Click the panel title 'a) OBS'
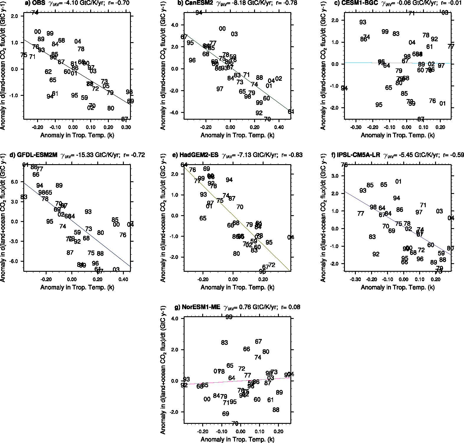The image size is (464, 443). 35,3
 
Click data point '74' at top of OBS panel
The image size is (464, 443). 35,13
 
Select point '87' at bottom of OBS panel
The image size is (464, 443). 125,119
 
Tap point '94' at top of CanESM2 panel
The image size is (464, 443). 199,13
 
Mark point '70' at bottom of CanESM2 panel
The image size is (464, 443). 267,119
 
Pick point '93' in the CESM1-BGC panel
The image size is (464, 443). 363,22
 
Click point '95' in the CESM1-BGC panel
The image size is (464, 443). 379,105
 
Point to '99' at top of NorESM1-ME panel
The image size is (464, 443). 229,317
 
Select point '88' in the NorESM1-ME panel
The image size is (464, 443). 276,410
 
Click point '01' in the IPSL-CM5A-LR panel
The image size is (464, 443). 398,182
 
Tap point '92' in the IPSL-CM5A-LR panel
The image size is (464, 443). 376,254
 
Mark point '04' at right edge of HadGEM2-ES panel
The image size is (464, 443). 291,238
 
